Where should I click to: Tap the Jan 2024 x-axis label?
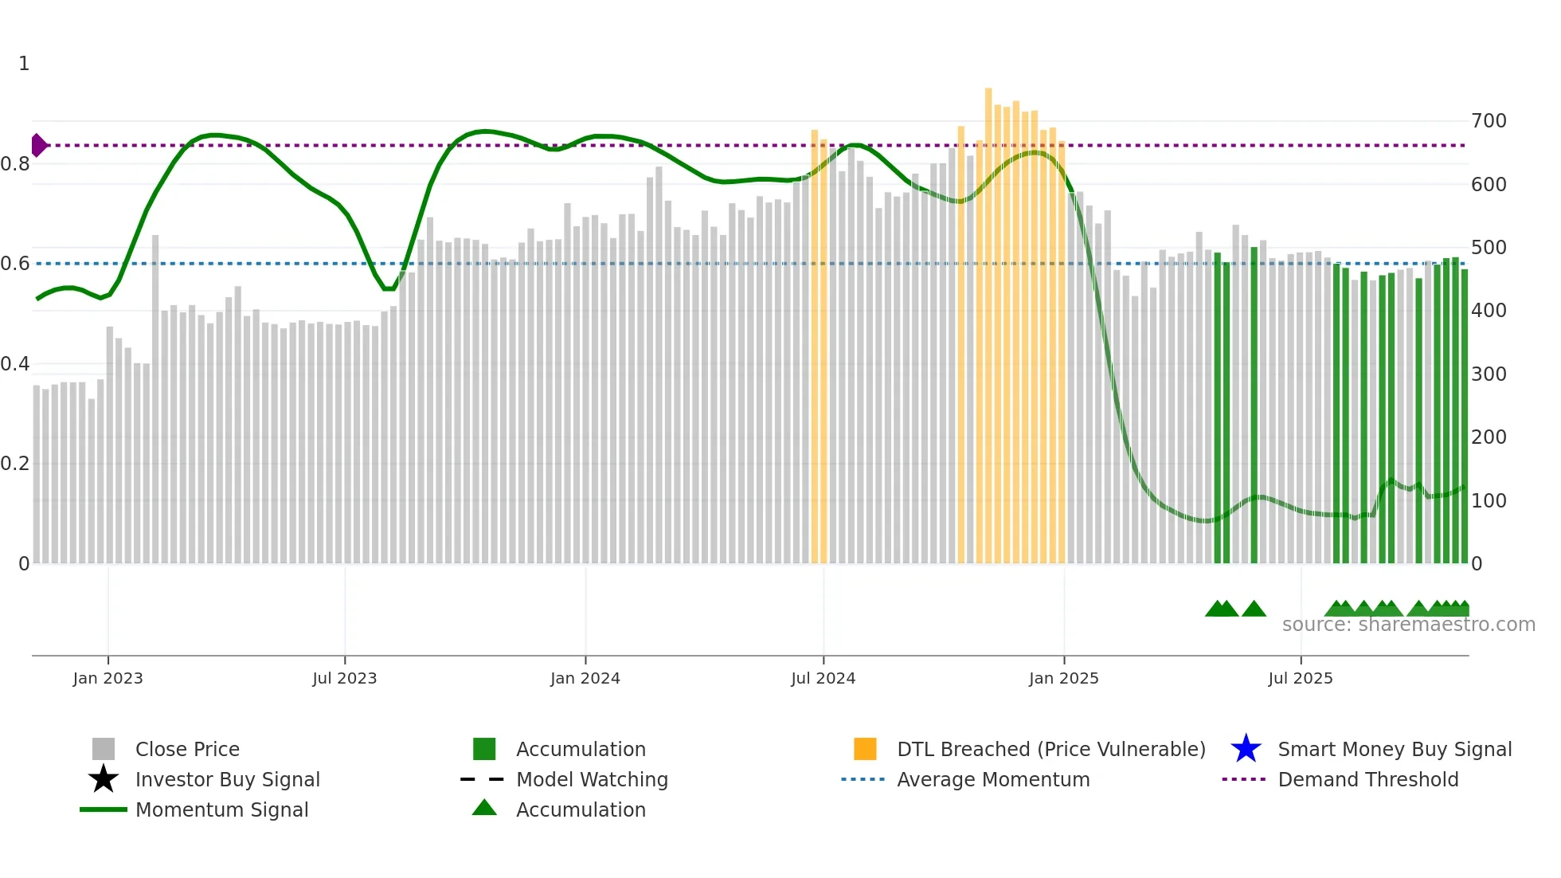point(585,678)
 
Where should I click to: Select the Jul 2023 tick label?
point(344,678)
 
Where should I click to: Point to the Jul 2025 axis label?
point(1300,678)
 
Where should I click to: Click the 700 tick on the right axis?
point(1489,121)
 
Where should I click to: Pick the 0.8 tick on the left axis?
point(15,164)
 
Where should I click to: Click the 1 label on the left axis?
point(24,64)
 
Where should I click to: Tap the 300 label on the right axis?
point(1489,374)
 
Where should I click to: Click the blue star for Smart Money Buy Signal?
point(1246,749)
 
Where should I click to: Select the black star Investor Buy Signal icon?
point(104,779)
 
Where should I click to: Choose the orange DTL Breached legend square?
point(865,749)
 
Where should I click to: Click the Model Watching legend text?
point(592,779)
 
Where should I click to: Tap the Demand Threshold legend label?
point(1367,779)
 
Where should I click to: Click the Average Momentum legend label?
point(993,779)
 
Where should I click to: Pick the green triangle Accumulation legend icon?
point(484,808)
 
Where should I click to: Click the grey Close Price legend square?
point(104,749)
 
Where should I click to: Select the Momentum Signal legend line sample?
point(104,809)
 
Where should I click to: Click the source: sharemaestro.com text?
point(1408,625)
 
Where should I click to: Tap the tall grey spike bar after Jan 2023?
point(155,398)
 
